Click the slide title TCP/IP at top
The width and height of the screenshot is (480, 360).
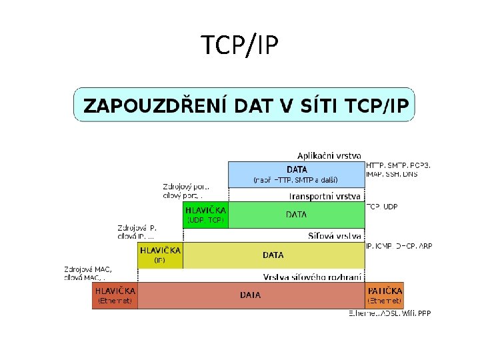[x=240, y=45]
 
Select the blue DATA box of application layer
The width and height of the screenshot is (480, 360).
[x=297, y=174]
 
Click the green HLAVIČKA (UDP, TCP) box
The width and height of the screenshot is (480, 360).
[x=205, y=215]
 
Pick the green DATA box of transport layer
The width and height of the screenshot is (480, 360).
[x=297, y=215]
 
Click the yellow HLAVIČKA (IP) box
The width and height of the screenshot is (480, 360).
[x=160, y=255]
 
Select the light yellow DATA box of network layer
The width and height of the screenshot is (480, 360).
[x=273, y=255]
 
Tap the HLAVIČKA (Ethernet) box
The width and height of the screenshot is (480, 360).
[x=115, y=295]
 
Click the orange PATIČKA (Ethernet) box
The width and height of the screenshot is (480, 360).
[x=385, y=295]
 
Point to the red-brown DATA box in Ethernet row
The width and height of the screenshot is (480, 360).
[x=250, y=295]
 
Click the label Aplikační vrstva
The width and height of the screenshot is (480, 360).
[x=329, y=155]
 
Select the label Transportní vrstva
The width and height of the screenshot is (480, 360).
[x=325, y=196]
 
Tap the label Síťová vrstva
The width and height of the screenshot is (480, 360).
[x=335, y=236]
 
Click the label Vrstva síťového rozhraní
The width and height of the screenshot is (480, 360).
[x=313, y=277]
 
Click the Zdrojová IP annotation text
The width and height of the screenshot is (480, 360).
[x=137, y=232]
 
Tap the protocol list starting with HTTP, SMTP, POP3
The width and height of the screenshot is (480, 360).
[x=398, y=169]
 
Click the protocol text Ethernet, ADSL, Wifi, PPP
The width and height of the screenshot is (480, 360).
[x=390, y=313]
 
